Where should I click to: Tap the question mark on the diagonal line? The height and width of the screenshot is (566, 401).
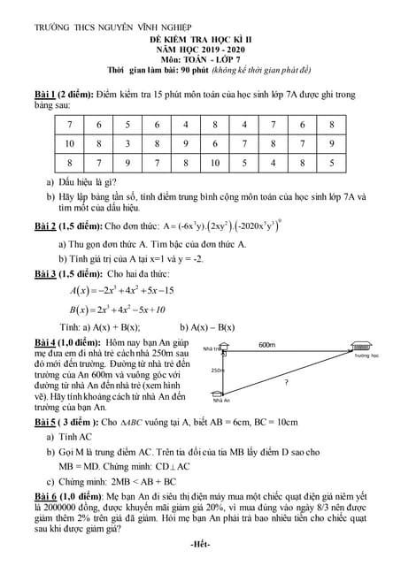[x=285, y=383]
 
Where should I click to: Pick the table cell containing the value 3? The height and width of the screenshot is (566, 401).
[x=128, y=143]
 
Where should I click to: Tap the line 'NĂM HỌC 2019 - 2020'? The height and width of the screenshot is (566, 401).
[x=199, y=50]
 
